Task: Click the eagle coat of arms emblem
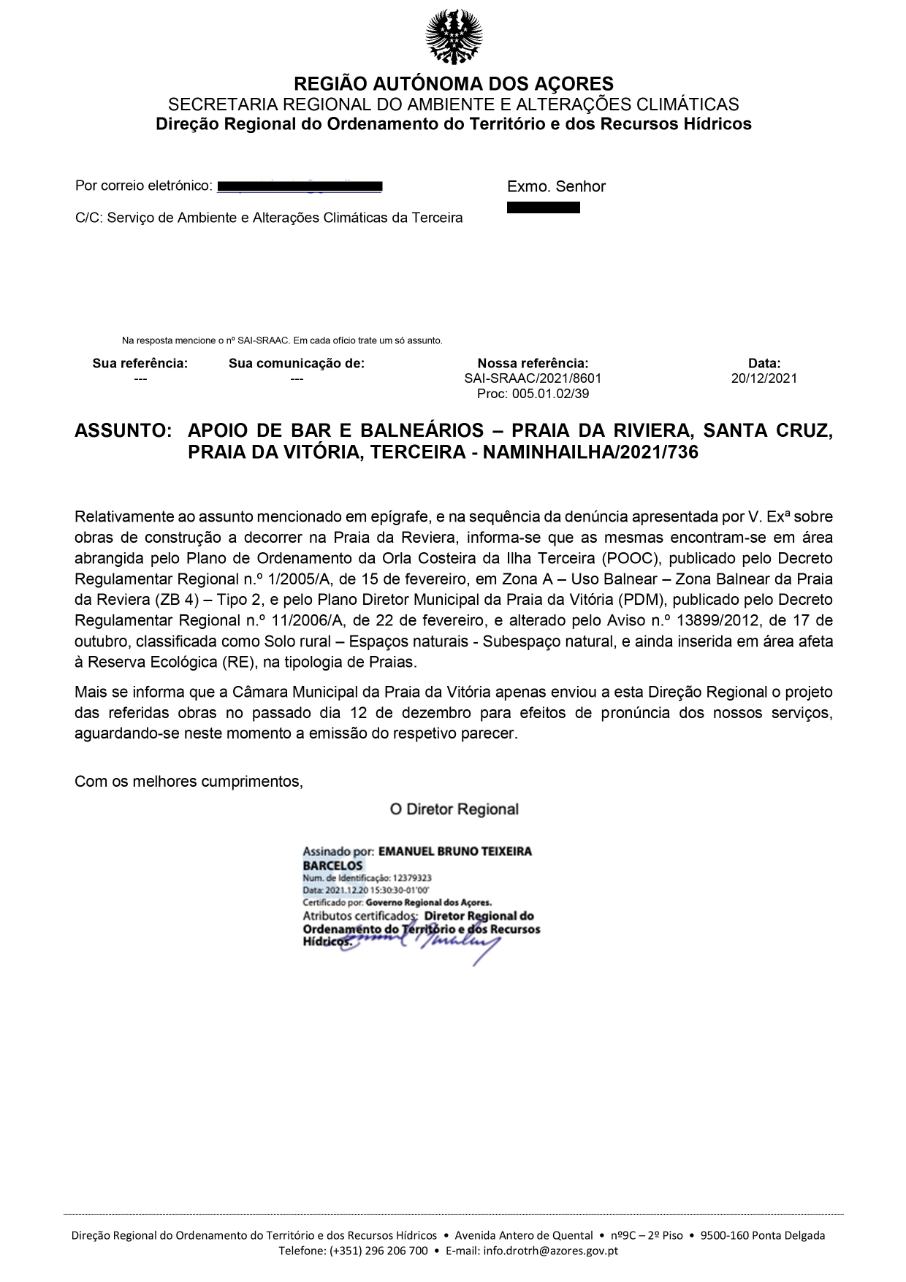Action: (x=454, y=37)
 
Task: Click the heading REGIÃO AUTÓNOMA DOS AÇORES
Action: (x=453, y=83)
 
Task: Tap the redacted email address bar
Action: (x=300, y=186)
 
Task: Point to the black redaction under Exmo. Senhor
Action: (x=543, y=207)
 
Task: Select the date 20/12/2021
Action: (x=764, y=378)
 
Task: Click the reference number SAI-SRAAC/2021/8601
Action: (x=533, y=378)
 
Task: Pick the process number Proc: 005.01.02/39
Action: (x=533, y=394)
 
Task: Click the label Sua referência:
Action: (x=140, y=363)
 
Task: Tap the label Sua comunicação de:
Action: (x=296, y=363)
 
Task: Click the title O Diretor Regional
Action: (x=454, y=809)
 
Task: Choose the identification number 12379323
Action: (x=412, y=878)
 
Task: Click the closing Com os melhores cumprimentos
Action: (x=189, y=782)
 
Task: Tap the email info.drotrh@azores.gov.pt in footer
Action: (x=551, y=1251)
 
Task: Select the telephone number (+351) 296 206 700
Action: (x=378, y=1251)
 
